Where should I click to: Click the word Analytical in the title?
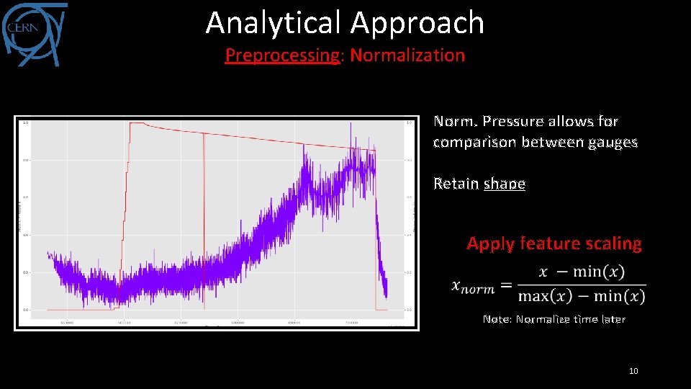[274, 23]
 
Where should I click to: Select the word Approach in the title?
[417, 23]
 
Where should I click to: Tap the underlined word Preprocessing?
[281, 55]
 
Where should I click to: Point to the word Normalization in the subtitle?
[407, 55]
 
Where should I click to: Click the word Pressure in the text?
[514, 122]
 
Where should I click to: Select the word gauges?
[612, 143]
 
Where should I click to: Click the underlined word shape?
[505, 184]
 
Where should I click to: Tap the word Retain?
[456, 184]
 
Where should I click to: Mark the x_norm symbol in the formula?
[473, 286]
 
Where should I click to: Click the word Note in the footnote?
[496, 319]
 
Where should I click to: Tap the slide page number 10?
[633, 371]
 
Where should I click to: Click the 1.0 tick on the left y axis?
[27, 122]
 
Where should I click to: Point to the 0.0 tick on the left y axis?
[27, 310]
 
